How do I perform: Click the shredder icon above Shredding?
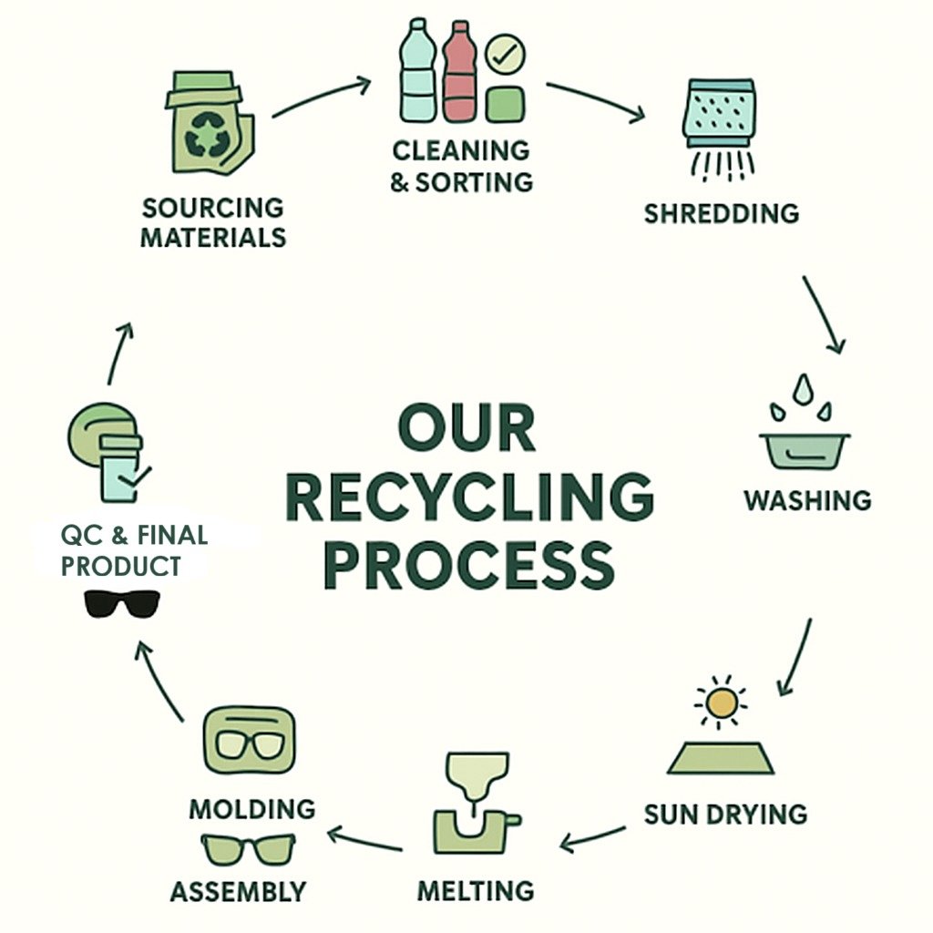pyautogui.click(x=719, y=118)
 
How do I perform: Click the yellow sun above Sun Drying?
pyautogui.click(x=722, y=702)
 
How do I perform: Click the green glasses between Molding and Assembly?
pyautogui.click(x=247, y=848)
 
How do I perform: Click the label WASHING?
pyautogui.click(x=807, y=501)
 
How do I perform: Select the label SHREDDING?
pyautogui.click(x=721, y=214)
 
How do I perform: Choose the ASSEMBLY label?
pyautogui.click(x=238, y=890)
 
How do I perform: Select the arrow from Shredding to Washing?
pyautogui.click(x=824, y=313)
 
